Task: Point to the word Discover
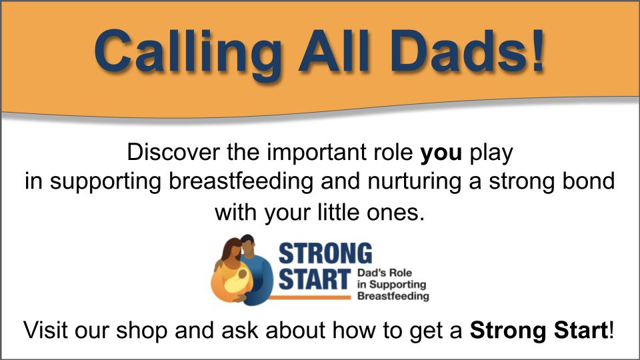pos(173,152)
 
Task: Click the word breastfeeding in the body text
pos(241,181)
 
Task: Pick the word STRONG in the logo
pos(325,253)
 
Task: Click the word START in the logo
pos(315,279)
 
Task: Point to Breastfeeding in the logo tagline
pos(393,296)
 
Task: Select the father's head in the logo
pos(248,245)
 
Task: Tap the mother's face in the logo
pos(234,254)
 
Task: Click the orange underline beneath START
pos(309,297)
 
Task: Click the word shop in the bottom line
pos(141,330)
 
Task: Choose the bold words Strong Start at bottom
pos(539,330)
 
